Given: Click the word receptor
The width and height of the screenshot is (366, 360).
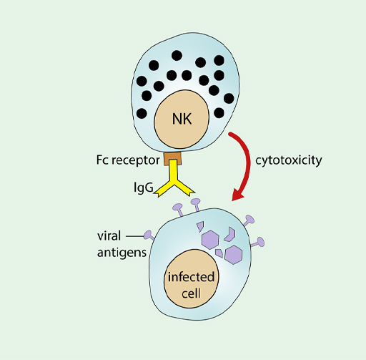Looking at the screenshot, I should coord(137,159).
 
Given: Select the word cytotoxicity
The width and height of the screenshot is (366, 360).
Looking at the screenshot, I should coord(289,159).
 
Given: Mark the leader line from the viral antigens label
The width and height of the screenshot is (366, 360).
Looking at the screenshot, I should coord(136,235).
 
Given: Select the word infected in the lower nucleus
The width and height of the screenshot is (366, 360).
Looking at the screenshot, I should coord(191,277).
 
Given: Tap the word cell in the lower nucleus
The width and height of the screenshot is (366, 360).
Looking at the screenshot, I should coord(191,292).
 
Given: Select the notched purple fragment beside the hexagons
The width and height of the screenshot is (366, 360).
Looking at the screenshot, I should coord(231,233).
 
